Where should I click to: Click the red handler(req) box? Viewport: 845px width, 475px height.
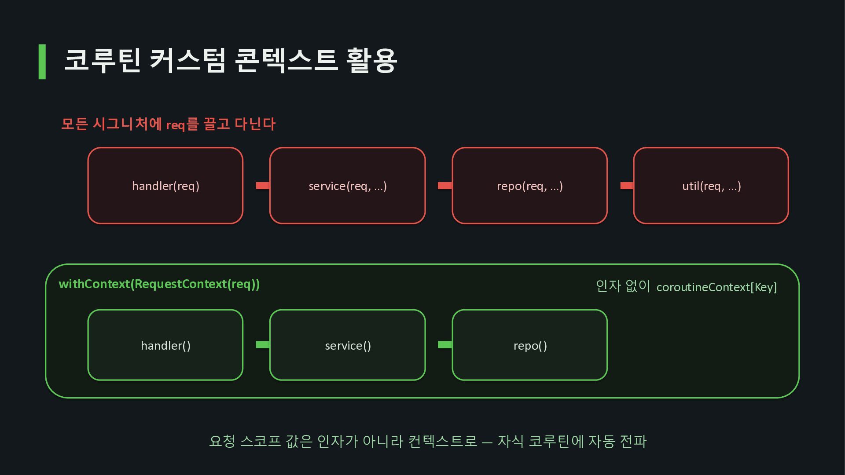165,186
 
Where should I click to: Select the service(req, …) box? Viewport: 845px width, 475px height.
348,186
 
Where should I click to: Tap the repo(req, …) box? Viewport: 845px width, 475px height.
530,186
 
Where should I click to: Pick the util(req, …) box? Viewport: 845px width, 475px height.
711,186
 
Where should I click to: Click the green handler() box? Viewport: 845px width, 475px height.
165,345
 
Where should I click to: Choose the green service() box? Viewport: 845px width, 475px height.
348,345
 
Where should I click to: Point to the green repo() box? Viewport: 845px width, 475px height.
530,345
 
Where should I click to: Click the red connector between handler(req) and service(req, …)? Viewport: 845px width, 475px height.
263,186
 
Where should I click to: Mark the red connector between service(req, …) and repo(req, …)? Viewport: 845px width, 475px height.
445,186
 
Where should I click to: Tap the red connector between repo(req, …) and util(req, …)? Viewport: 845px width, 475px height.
627,186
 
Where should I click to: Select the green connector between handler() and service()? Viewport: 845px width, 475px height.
263,345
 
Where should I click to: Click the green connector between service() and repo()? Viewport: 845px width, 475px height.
445,345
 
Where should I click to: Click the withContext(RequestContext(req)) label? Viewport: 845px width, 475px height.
159,284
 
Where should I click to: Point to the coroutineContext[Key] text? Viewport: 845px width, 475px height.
716,287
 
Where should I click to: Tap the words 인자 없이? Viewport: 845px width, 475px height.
623,286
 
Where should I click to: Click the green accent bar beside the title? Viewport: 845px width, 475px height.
42,62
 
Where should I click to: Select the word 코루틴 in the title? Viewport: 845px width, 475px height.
103,60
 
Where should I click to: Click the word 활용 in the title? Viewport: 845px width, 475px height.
372,60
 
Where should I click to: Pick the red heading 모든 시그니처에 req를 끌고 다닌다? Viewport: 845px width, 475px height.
168,124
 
